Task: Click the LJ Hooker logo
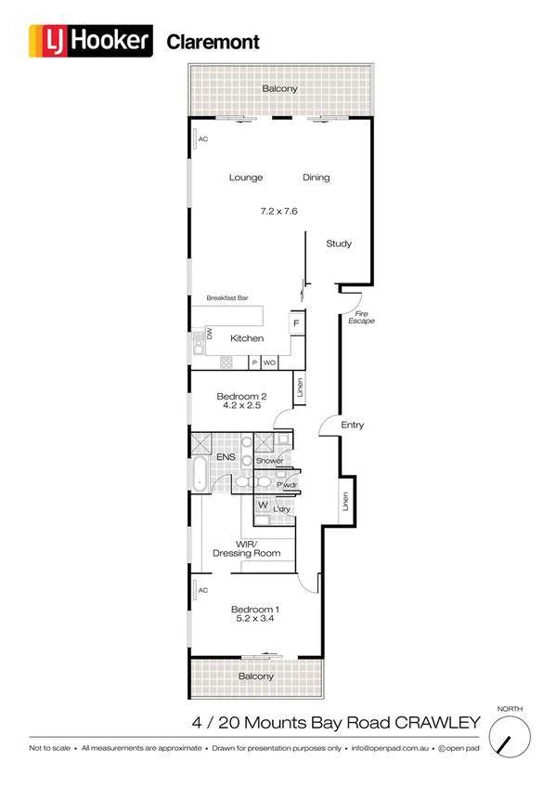(x=91, y=42)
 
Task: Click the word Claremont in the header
(x=213, y=42)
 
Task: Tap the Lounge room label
(x=246, y=177)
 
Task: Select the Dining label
(x=316, y=177)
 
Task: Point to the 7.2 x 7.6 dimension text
(x=278, y=211)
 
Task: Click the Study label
(x=339, y=243)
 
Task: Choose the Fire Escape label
(x=360, y=317)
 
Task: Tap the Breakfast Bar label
(x=227, y=298)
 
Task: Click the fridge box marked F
(x=296, y=323)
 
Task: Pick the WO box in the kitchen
(x=269, y=362)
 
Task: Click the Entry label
(x=353, y=425)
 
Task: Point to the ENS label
(x=226, y=458)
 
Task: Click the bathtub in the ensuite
(x=200, y=474)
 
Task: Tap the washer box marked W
(x=263, y=506)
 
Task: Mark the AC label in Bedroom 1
(x=203, y=589)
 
